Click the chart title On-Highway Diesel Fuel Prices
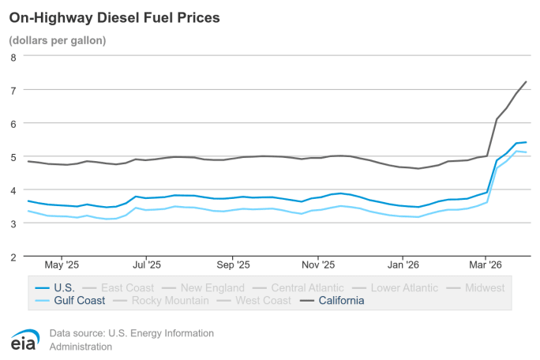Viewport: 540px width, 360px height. pos(114,17)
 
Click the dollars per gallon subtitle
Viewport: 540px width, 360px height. pos(58,39)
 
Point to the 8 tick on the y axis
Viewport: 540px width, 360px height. pos(13,57)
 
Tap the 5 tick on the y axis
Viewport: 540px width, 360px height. pos(13,157)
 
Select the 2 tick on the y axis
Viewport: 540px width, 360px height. pos(13,257)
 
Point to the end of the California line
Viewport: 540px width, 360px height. pos(526,82)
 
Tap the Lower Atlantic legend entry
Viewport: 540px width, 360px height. pos(399,288)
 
